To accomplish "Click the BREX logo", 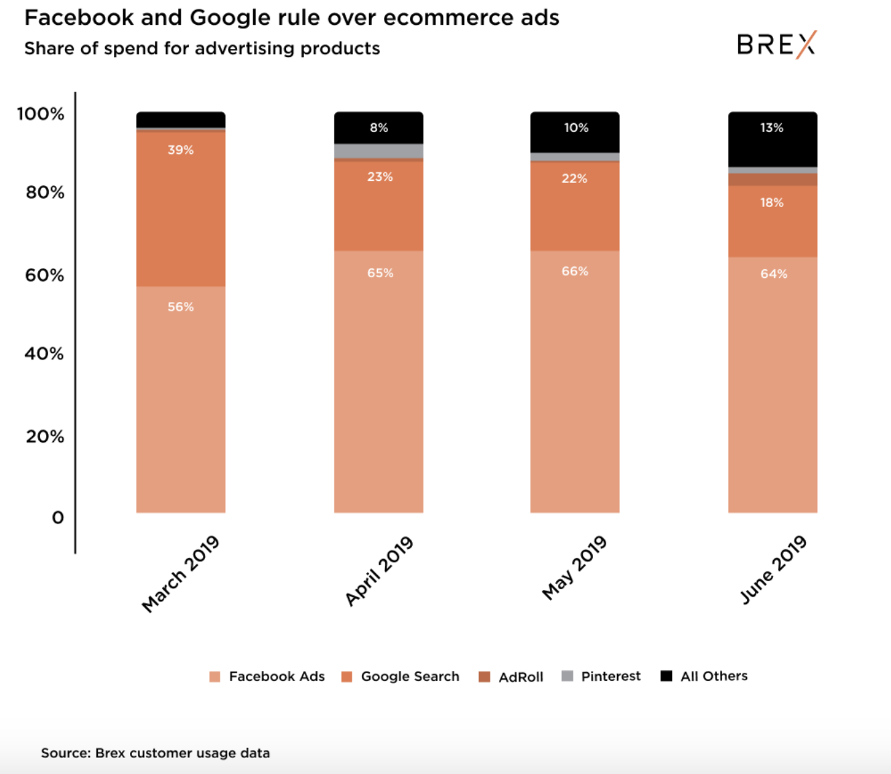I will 776,44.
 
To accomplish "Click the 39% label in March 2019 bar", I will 180,150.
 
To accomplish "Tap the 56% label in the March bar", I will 180,307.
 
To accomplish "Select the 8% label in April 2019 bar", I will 379,127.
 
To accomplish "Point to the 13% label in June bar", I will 772,127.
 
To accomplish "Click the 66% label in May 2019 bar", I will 575,271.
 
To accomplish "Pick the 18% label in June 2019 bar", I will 772,202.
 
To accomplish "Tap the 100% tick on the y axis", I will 41,114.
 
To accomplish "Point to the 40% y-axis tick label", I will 44,354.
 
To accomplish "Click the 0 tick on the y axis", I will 58,518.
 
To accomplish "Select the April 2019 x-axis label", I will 379,571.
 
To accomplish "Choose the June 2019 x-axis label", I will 774,570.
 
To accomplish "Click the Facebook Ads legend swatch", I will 215,676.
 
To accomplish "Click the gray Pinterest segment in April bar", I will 379,151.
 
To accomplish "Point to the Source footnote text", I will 155,753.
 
